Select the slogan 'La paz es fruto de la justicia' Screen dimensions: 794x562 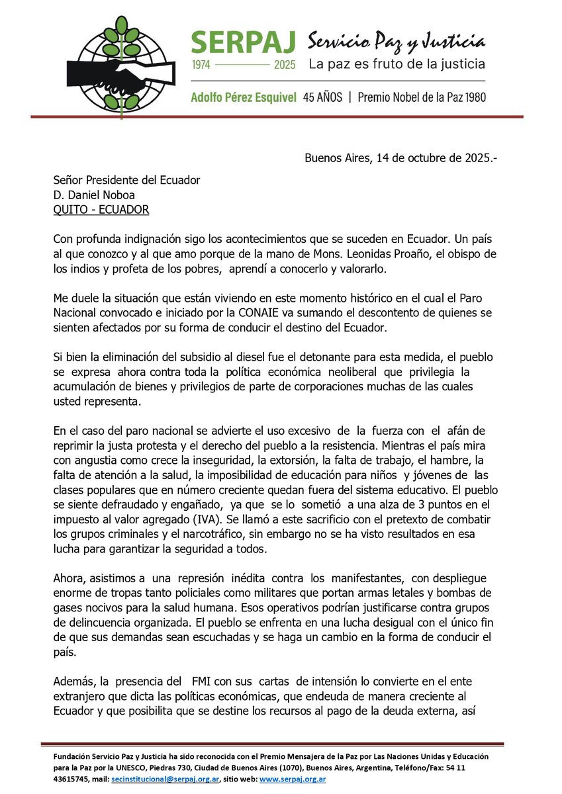397,64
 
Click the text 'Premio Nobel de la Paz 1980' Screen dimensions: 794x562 422,97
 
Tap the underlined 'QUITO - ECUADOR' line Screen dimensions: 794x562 101,210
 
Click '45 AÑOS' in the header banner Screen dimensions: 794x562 322,97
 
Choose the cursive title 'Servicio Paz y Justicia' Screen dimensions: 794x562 396,42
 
